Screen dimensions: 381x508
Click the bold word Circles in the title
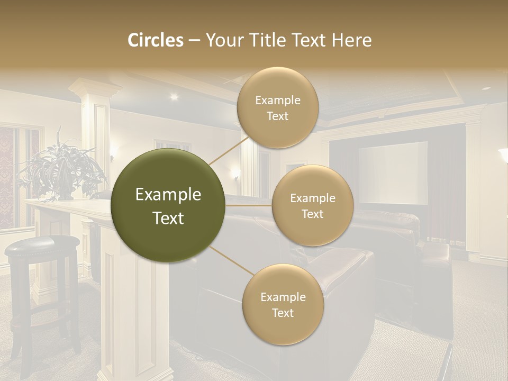tap(156, 40)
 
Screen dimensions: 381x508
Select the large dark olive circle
tap(168, 206)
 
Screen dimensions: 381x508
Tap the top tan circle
tap(277, 107)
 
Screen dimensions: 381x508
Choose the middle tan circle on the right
tap(312, 206)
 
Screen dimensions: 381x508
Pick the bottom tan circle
tap(283, 305)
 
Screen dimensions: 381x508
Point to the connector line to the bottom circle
tap(232, 262)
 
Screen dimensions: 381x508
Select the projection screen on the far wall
tap(393, 173)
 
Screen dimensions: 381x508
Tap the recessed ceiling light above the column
tap(174, 96)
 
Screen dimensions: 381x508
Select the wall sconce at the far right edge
tap(503, 156)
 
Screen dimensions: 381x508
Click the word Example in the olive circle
tap(168, 195)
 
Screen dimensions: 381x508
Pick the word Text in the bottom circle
tap(283, 313)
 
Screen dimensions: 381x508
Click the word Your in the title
tap(224, 40)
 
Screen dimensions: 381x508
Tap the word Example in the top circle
tap(277, 100)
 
